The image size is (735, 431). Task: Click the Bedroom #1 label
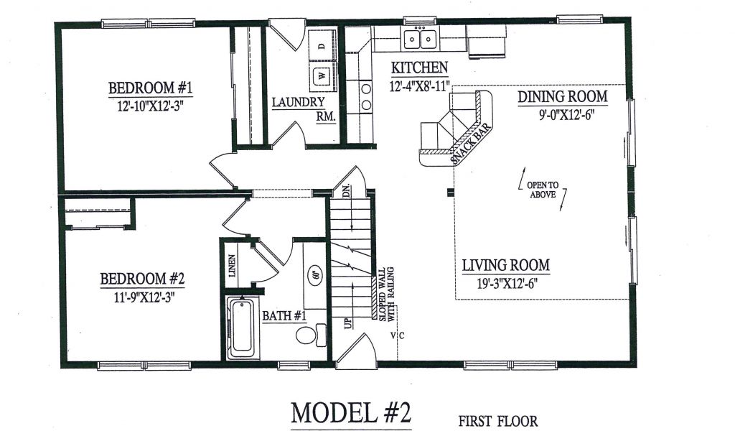(x=150, y=88)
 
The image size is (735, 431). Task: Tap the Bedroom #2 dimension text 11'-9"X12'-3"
(x=142, y=297)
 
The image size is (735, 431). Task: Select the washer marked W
(x=322, y=75)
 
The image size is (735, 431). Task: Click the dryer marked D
(x=322, y=45)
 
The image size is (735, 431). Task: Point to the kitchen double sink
(x=420, y=39)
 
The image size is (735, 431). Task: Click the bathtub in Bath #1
(x=243, y=328)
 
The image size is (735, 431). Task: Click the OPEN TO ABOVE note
(x=543, y=190)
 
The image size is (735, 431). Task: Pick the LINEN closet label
(x=232, y=265)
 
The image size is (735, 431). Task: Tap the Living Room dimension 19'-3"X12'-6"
(x=506, y=283)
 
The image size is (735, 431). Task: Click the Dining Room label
(x=563, y=96)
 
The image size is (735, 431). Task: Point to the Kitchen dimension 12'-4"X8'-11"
(x=419, y=86)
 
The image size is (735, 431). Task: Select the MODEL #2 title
(x=351, y=413)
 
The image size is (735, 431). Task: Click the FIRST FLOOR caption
(x=498, y=421)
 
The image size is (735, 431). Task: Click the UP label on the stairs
(x=348, y=323)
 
